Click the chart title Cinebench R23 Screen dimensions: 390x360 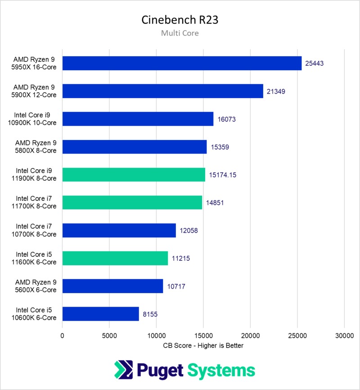pyautogui.click(x=180, y=20)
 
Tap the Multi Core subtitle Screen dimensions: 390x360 pyautogui.click(x=180, y=33)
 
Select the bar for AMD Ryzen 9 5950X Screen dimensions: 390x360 pyautogui.click(x=182, y=63)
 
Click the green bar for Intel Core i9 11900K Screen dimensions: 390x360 pyautogui.click(x=134, y=175)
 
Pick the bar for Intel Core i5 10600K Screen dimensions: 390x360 pyautogui.click(x=100, y=314)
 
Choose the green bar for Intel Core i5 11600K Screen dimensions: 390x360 pyautogui.click(x=115, y=258)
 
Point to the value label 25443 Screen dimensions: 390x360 pyautogui.click(x=314, y=63)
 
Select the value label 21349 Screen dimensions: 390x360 pyautogui.click(x=276, y=91)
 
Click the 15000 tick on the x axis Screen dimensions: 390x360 pyautogui.click(x=203, y=335)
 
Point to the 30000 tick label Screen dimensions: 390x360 pyautogui.click(x=344, y=335)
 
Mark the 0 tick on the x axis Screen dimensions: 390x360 pyautogui.click(x=63, y=335)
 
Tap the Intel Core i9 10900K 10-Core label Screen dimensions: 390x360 pyautogui.click(x=36, y=119)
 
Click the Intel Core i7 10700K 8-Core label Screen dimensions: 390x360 pyautogui.click(x=36, y=230)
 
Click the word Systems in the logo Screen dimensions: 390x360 pyautogui.click(x=221, y=371)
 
